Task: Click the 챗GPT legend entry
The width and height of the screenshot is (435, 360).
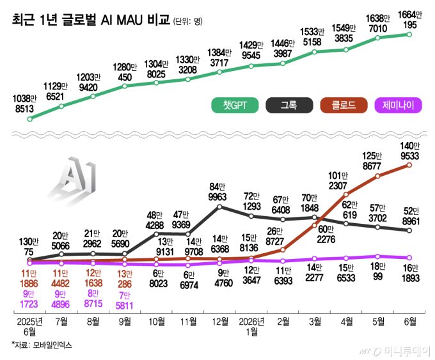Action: click(235, 105)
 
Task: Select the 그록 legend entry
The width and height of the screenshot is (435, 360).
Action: click(289, 105)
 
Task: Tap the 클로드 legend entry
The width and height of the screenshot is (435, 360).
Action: click(344, 105)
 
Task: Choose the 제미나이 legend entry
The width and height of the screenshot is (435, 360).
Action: click(398, 105)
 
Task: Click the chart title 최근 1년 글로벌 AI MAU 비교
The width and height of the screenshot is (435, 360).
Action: click(91, 20)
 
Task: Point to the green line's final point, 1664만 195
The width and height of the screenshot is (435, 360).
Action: click(409, 35)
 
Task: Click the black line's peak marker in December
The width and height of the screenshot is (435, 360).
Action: click(219, 207)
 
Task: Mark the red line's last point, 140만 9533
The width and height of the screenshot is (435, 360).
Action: click(409, 165)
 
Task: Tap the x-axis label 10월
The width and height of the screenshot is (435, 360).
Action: click(157, 322)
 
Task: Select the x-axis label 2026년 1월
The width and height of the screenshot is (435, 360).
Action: click(251, 327)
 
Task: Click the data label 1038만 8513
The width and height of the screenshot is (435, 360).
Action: click(24, 104)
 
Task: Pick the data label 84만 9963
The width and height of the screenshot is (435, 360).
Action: click(217, 192)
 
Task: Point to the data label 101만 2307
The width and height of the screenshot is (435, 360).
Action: click(338, 180)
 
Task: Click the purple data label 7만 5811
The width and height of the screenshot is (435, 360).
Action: click(124, 301)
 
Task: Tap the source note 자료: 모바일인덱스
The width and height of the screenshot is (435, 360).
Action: click(42, 345)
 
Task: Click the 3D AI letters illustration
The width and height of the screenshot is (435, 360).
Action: click(72, 180)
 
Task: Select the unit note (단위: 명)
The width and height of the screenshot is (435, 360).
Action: click(188, 21)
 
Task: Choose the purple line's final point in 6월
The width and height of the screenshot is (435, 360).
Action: click(409, 258)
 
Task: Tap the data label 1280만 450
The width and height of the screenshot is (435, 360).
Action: click(125, 72)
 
